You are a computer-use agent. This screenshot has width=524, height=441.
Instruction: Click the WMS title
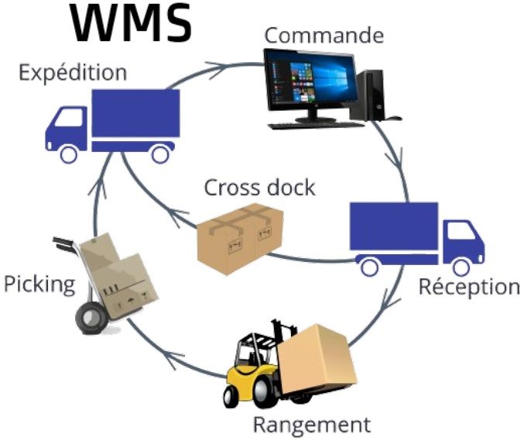[x=131, y=23]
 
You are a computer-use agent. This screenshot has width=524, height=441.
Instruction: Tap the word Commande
[x=324, y=35]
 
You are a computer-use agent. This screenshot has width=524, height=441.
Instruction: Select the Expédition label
[x=73, y=74]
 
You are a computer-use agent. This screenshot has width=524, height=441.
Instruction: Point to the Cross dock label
[x=259, y=188]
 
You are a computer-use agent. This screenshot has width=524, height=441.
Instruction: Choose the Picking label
[x=39, y=284]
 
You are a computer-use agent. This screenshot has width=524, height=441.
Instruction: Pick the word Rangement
[x=312, y=425]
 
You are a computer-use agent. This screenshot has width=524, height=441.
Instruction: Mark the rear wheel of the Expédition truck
[x=159, y=153]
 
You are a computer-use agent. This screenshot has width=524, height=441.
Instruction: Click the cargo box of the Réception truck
[x=394, y=226]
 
